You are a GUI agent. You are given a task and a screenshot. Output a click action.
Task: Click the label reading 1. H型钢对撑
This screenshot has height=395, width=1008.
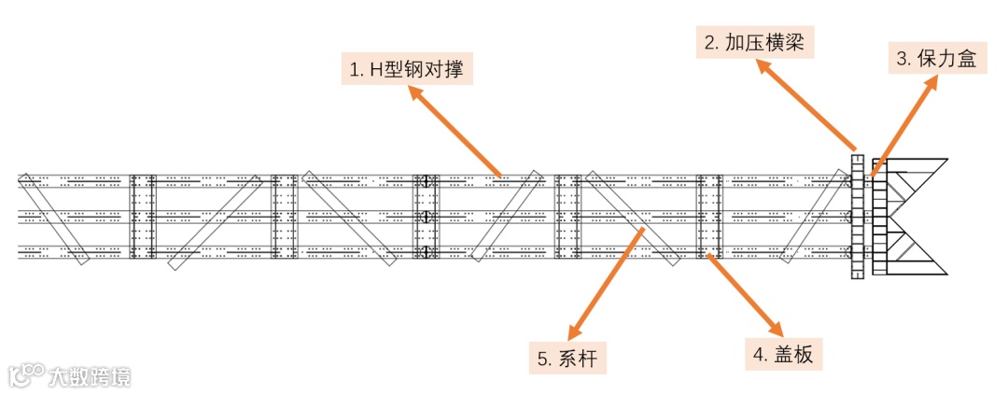[x=406, y=68]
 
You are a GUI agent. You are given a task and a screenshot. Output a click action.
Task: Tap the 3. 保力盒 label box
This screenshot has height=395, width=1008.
[x=936, y=59]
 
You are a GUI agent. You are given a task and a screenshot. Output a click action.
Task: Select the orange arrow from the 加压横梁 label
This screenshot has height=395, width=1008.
[x=807, y=105]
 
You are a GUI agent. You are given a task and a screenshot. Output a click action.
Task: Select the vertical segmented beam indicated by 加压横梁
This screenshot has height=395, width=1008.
[x=858, y=216]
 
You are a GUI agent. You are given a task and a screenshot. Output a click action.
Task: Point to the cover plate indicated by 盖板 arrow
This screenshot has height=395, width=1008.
[x=709, y=216]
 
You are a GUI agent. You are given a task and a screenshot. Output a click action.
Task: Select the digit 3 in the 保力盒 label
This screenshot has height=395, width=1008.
[x=903, y=59]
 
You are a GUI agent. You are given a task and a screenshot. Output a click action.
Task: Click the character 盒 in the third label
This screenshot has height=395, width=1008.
[x=966, y=59]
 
